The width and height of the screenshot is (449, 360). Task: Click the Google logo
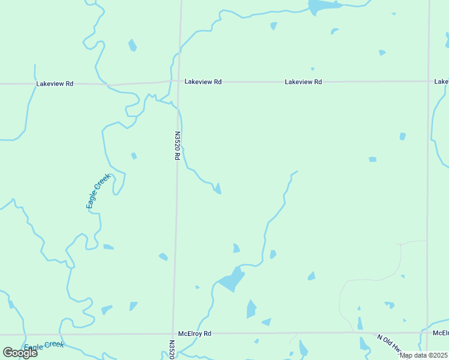pyautogui.click(x=20, y=353)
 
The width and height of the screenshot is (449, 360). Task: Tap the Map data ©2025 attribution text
pyautogui.click(x=423, y=355)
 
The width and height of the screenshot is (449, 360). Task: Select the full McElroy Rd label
pyautogui.click(x=195, y=334)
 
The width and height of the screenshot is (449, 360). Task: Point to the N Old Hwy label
pyautogui.click(x=391, y=344)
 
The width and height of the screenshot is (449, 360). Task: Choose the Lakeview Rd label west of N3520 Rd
pyautogui.click(x=55, y=84)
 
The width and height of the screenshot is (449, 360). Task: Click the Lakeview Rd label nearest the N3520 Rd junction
pyautogui.click(x=203, y=82)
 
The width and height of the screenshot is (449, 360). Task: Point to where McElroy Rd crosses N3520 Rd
pyautogui.click(x=174, y=333)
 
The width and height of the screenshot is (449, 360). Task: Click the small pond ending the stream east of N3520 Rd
pyautogui.click(x=218, y=189)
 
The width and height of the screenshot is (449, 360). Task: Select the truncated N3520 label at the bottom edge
pyautogui.click(x=172, y=350)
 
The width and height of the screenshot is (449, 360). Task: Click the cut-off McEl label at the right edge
pyautogui.click(x=441, y=332)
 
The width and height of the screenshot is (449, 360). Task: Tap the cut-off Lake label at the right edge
pyautogui.click(x=441, y=82)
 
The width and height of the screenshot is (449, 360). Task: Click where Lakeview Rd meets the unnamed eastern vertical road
pyautogui.click(x=429, y=82)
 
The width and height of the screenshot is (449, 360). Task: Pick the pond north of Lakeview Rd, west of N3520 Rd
pyautogui.click(x=133, y=46)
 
